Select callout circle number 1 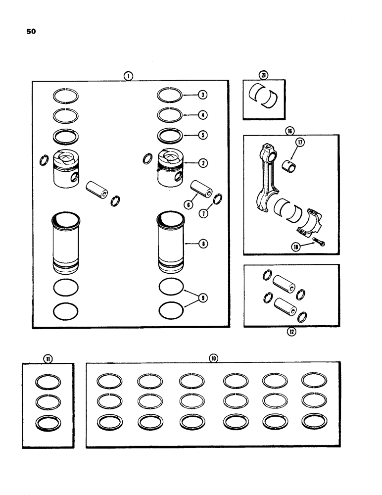point(128,76)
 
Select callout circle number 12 point(291,332)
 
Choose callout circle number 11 point(48,358)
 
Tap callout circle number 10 point(213,358)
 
